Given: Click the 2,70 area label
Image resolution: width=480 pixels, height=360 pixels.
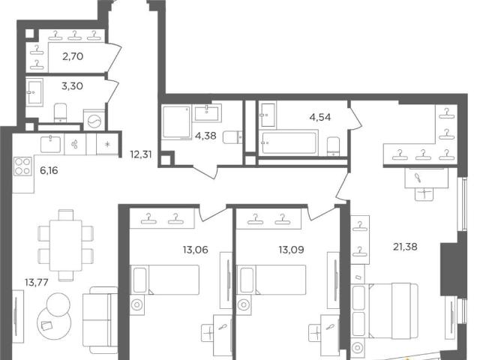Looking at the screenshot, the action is pos(73,57).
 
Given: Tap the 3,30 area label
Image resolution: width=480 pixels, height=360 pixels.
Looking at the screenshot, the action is pos(72,86).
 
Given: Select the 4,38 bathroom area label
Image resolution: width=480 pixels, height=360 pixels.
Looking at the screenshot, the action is pos(205,136).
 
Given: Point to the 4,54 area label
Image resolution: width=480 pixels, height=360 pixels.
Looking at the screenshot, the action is pos(320,117).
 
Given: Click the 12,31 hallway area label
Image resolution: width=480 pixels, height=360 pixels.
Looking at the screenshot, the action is pos(141,154).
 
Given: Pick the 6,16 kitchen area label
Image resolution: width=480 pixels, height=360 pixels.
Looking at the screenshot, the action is pos(49,170).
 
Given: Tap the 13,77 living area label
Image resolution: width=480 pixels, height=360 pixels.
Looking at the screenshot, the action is pos(37,282).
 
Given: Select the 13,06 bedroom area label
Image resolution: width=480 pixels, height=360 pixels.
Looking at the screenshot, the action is pos(195,250).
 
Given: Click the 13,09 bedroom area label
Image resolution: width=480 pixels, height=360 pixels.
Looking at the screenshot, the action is pos(291,250).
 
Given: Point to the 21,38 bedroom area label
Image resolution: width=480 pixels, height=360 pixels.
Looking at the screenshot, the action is pos(405,247).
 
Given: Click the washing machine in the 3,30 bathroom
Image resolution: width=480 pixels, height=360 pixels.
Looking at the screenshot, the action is pos(94,120).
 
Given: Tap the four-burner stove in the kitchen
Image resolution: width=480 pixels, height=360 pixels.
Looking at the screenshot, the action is pos(22,166).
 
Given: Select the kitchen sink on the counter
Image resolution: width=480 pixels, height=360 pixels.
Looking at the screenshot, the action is pos(50,145).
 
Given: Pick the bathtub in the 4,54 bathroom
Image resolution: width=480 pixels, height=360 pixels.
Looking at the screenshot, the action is pos(288,142).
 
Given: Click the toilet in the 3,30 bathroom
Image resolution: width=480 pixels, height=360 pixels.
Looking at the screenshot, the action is pos(60,112).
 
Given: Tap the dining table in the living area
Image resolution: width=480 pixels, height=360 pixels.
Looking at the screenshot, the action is pos(65,245).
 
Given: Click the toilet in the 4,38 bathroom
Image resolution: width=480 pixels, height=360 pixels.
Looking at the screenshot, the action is pos(232,137).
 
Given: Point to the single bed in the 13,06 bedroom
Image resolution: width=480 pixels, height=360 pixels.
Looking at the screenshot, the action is pos(165,280).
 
